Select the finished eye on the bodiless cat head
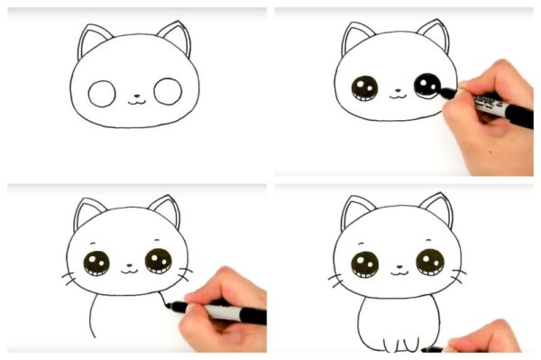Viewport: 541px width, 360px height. pos(365,89)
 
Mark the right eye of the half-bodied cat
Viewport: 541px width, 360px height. pos(159,262)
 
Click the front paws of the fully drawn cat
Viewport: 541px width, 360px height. pos(400,340)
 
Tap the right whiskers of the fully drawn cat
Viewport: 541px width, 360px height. pos(458,270)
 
